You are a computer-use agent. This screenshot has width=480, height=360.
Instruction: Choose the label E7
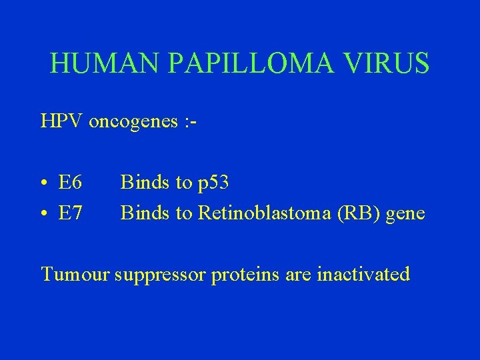(x=70, y=213)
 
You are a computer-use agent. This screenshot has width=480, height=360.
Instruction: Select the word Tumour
(x=75, y=274)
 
